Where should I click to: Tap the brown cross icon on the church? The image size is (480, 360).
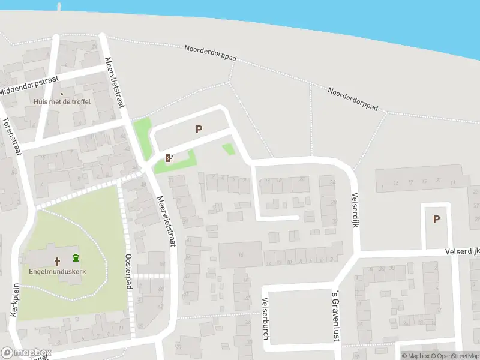(x=58, y=261)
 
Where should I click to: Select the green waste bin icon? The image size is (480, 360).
(x=76, y=259)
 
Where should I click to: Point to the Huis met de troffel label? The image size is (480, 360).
(x=62, y=102)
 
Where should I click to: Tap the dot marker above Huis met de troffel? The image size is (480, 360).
(x=61, y=94)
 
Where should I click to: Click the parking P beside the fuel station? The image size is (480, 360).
(x=199, y=129)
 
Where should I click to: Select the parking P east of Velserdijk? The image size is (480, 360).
(x=436, y=220)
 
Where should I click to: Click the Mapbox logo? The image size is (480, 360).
(x=26, y=353)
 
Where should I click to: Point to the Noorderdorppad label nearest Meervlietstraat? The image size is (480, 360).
(x=211, y=53)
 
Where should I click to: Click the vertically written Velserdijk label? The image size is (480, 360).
(x=355, y=210)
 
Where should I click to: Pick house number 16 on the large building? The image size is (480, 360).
(x=241, y=255)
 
